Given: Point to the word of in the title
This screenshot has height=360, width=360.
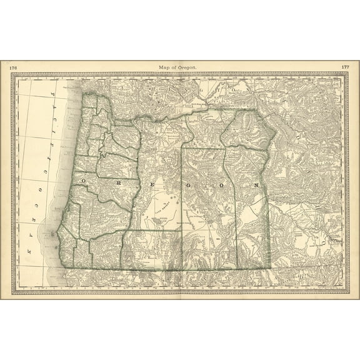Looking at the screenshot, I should pos(176,66).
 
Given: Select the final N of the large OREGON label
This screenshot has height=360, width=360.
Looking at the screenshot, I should pos(256,186).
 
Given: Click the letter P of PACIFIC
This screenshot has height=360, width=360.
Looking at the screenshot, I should pos(52,94).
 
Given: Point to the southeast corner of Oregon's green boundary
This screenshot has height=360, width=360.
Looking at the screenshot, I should pos(270,269).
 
